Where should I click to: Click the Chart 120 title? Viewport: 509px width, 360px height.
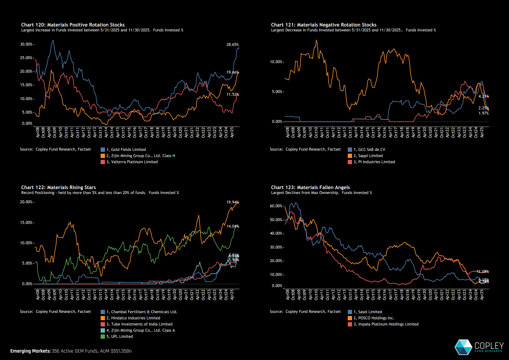73,25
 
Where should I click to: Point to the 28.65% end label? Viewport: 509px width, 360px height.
232,45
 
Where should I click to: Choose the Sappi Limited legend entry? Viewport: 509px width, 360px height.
370,156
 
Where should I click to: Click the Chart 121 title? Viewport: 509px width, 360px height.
323,25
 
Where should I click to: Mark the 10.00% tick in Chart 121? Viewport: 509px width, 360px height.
276,62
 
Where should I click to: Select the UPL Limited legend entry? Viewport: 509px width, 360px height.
122,337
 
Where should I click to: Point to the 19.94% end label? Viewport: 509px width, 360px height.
232,202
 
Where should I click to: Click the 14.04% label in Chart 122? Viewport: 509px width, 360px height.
232,226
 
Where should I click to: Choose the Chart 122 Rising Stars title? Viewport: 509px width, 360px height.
58,187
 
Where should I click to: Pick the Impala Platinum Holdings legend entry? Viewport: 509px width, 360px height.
388,324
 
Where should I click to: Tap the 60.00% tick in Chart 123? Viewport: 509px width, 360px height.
276,206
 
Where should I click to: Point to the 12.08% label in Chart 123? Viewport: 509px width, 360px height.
482,272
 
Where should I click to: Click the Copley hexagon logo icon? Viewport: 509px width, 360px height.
463,347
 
